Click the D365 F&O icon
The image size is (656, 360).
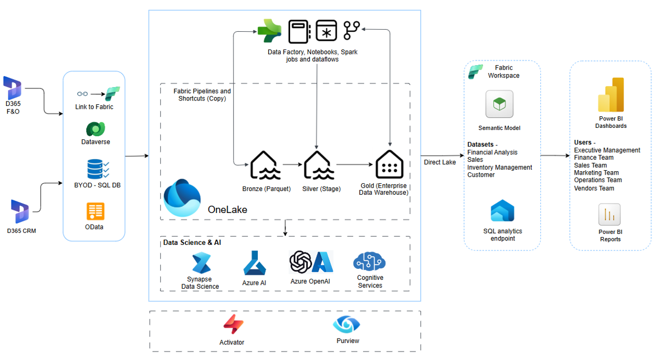click(x=12, y=88)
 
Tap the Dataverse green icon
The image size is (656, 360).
click(x=95, y=129)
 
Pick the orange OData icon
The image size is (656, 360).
click(x=95, y=211)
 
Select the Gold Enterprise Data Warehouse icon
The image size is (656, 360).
click(x=389, y=165)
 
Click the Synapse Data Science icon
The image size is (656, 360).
click(x=201, y=264)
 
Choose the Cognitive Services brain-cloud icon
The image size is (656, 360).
click(x=370, y=262)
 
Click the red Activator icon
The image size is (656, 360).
click(x=231, y=325)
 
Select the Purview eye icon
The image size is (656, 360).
click(x=347, y=324)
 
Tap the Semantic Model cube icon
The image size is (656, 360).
click(x=499, y=104)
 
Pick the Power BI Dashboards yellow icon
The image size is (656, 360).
click(x=611, y=94)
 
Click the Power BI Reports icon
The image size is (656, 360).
click(x=609, y=215)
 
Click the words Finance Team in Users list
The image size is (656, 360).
click(x=593, y=157)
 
